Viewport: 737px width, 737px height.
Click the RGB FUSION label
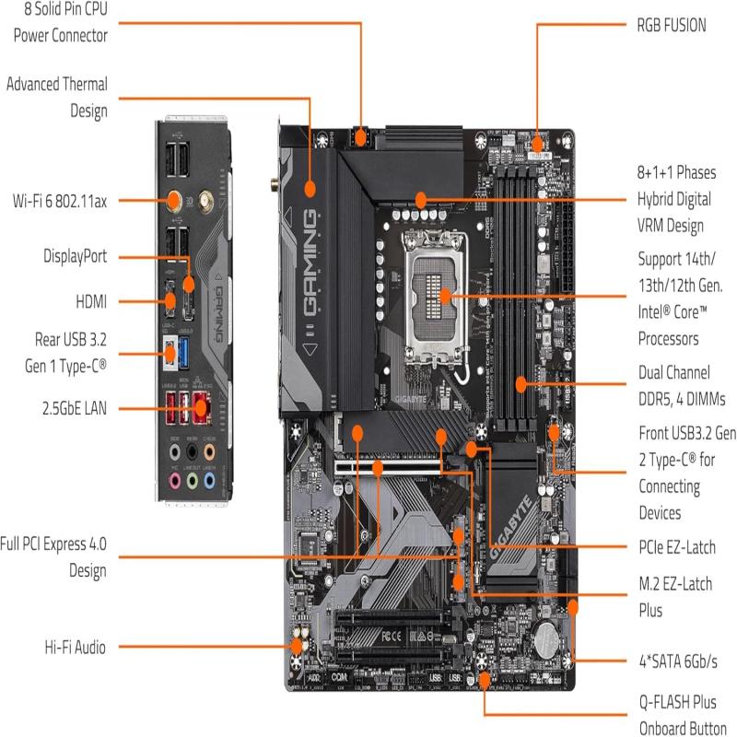pyautogui.click(x=672, y=26)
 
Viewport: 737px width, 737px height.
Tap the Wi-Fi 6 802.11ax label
pyautogui.click(x=59, y=199)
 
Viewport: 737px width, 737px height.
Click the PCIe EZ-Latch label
pyautogui.click(x=676, y=547)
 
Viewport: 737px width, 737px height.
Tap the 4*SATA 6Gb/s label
pyautogui.click(x=677, y=662)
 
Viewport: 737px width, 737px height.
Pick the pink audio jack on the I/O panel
pyautogui.click(x=174, y=481)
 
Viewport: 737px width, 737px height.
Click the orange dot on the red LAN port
pyautogui.click(x=201, y=404)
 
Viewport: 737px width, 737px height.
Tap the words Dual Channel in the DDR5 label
pyautogui.click(x=673, y=372)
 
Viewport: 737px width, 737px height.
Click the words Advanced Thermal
pyautogui.click(x=57, y=84)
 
